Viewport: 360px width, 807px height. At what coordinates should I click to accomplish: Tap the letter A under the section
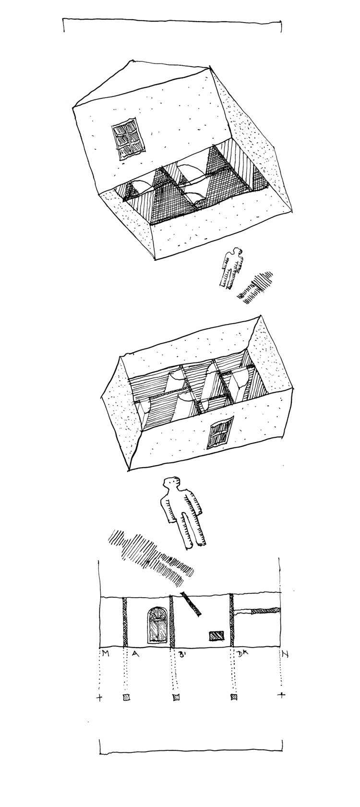[135, 654]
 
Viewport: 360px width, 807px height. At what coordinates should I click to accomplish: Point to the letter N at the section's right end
[284, 653]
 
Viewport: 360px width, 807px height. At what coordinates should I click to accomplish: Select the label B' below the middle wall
[181, 654]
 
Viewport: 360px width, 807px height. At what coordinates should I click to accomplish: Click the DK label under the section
[241, 654]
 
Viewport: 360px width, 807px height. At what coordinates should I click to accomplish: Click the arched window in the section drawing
[157, 625]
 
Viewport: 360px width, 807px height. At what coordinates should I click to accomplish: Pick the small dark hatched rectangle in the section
[216, 636]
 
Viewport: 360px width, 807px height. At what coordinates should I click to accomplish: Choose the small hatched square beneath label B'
[176, 697]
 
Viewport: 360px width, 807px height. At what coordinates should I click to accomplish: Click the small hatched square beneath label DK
[234, 698]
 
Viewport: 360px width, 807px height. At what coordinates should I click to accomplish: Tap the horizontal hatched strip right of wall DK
[266, 610]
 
